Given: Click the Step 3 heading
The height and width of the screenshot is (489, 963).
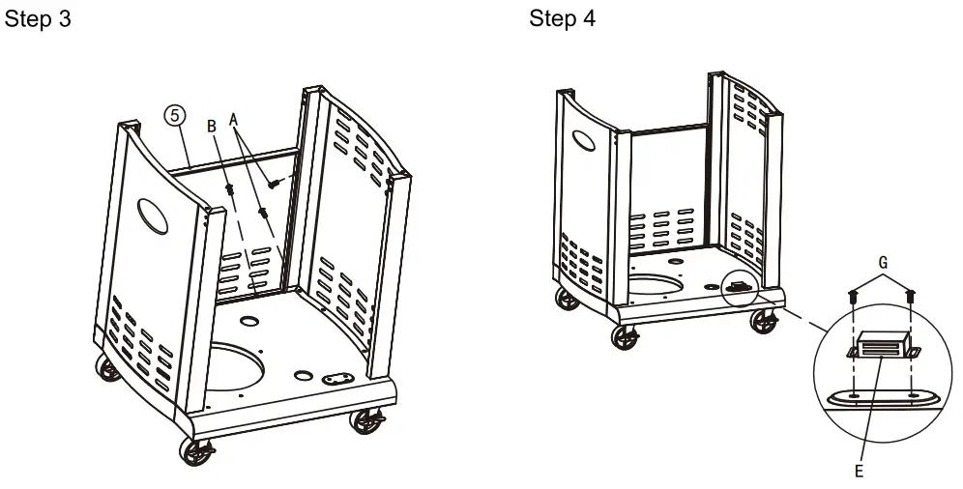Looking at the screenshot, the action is tap(38, 18).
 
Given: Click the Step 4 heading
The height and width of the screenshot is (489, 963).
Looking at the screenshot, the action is tap(562, 18).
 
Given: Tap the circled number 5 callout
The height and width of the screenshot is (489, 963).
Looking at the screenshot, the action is tap(174, 115).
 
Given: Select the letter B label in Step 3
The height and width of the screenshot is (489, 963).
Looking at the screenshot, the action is tap(212, 127).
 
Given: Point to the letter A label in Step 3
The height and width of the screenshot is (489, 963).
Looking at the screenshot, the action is tap(233, 120).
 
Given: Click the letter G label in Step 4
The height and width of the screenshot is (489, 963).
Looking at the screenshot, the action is tap(883, 263).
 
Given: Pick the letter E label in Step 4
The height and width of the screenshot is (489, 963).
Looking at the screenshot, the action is tap(859, 472).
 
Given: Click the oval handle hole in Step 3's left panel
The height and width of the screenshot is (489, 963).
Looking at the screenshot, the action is tap(153, 216).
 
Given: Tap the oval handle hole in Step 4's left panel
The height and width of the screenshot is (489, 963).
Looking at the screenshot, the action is tap(583, 140).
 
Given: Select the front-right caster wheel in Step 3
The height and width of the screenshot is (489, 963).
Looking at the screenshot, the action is tap(366, 421).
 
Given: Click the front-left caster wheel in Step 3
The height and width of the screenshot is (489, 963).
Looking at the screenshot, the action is tap(196, 451).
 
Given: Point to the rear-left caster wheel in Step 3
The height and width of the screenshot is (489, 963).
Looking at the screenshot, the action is tap(107, 368).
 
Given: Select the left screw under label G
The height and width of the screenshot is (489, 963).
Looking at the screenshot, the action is tap(853, 297).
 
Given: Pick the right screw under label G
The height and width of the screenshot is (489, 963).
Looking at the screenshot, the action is tap(911, 297).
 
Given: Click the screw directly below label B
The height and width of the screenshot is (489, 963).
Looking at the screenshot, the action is tap(231, 189).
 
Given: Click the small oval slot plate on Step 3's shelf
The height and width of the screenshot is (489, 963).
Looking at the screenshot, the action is tap(337, 379).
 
